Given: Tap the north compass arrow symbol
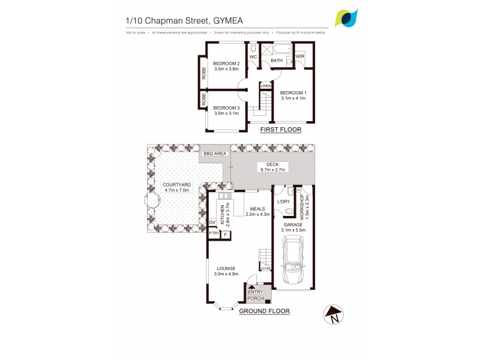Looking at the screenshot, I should [332, 314].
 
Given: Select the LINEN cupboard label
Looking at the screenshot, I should [265, 86].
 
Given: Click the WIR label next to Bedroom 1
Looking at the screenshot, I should [301, 56].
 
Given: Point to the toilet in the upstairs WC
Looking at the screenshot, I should [254, 48].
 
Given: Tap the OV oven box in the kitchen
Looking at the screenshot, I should [212, 223].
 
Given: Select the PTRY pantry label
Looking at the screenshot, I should [214, 235].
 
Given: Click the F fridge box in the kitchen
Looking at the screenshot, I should [225, 235].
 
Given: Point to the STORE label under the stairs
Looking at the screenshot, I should [266, 269].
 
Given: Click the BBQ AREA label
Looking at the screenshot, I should [215, 154].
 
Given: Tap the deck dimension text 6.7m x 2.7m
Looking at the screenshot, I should [273, 170].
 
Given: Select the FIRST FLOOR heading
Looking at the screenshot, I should [280, 130].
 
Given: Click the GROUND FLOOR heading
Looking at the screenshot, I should [264, 311].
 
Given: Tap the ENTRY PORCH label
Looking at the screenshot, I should [256, 295].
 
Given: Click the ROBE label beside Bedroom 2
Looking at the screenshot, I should [203, 73].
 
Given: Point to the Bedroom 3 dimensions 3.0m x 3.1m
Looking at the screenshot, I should [226, 113].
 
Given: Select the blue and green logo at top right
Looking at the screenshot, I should [347, 18].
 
